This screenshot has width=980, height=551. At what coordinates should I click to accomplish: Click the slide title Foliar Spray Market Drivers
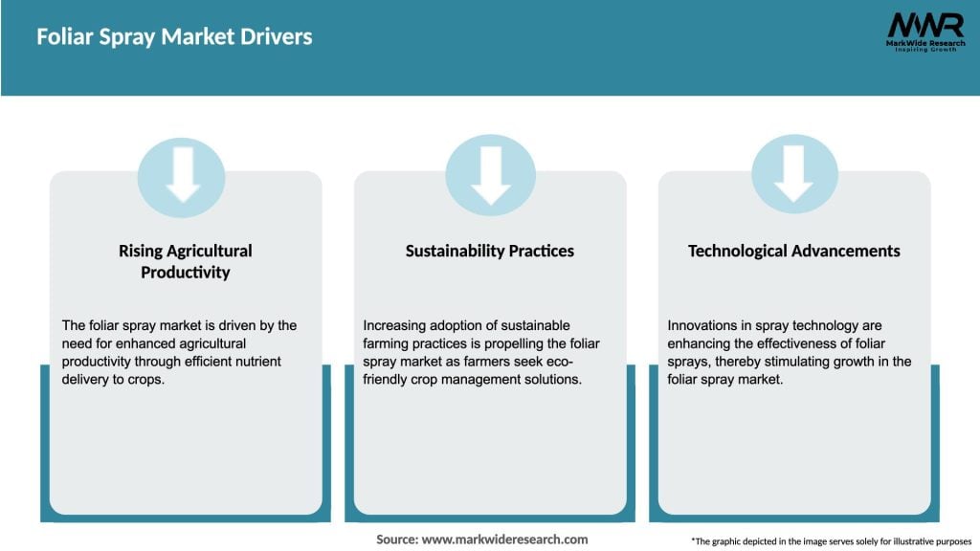click(x=174, y=37)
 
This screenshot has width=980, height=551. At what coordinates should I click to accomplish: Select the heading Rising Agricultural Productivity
click(x=186, y=261)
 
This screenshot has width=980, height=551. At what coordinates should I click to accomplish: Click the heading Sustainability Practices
click(x=490, y=251)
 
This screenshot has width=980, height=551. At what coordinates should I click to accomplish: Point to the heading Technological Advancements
click(x=793, y=251)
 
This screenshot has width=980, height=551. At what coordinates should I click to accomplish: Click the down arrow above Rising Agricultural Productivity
click(x=182, y=177)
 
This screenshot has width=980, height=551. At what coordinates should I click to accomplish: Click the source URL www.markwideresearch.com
click(x=505, y=540)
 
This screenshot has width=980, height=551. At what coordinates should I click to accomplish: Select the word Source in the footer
click(x=396, y=540)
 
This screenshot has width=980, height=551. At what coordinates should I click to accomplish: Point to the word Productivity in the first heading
click(x=186, y=273)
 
